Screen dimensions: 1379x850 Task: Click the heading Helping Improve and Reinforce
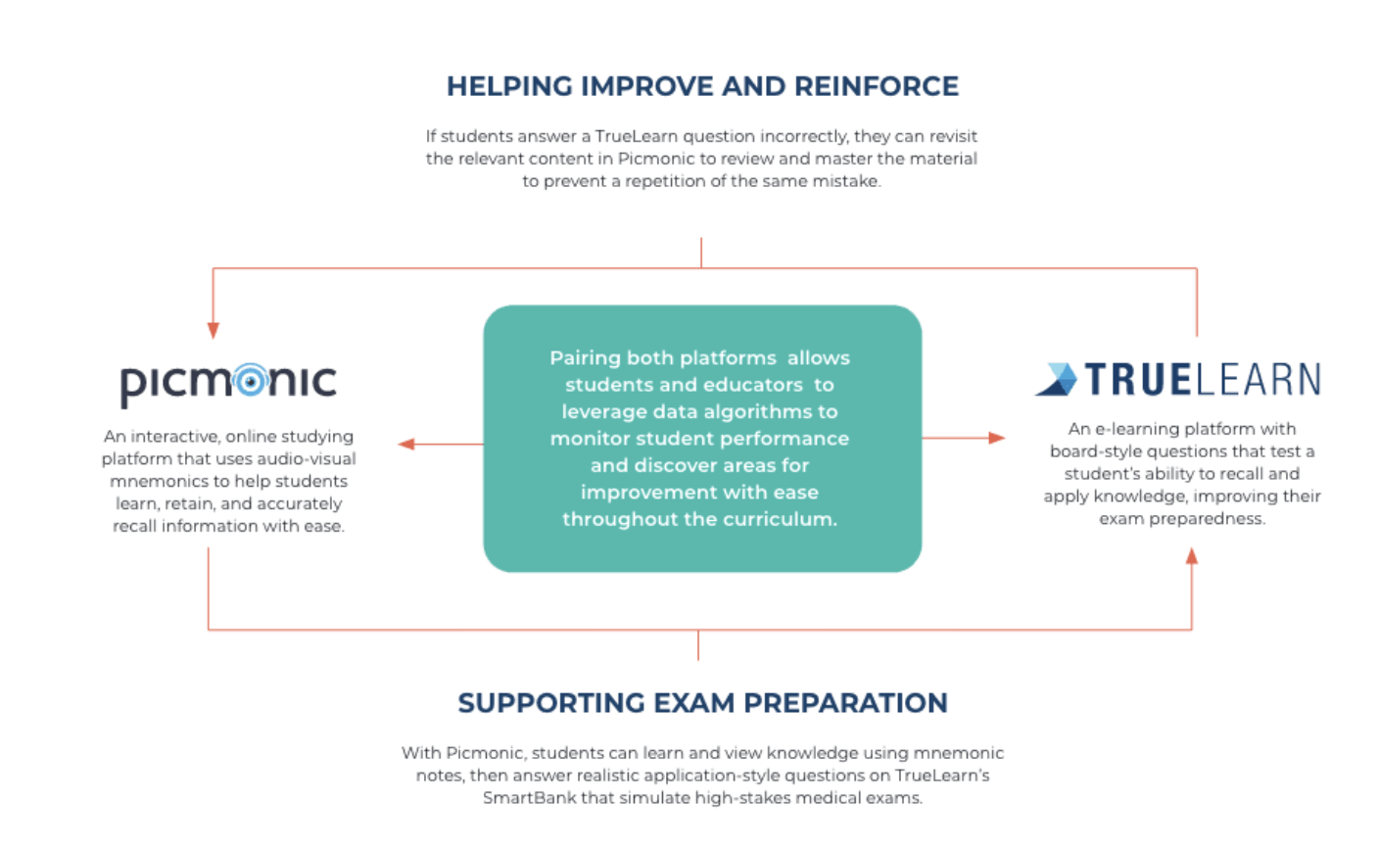(x=702, y=86)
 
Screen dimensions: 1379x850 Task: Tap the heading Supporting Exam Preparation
(x=702, y=703)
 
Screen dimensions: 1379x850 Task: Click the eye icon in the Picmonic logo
(x=251, y=381)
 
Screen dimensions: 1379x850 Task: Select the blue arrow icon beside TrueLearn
(x=1057, y=379)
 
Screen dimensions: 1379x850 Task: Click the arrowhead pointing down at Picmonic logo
(x=213, y=331)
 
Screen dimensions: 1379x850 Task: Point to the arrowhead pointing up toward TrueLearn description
(x=1192, y=556)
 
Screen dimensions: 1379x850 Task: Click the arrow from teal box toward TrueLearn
(x=964, y=438)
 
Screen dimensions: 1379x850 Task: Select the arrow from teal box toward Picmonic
(x=440, y=444)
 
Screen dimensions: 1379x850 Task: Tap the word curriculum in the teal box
(x=780, y=519)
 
